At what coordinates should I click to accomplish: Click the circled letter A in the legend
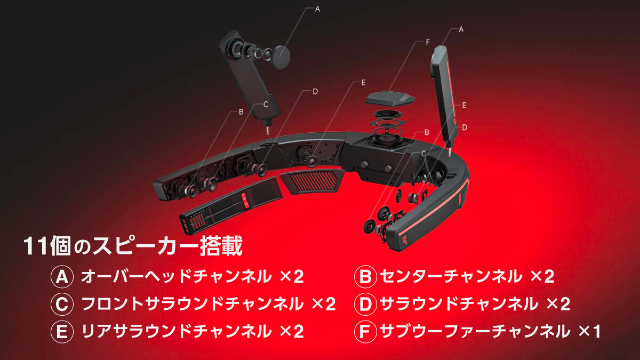point(62,277)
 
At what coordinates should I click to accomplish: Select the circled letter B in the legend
point(365,277)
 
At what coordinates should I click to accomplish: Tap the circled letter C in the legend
point(62,304)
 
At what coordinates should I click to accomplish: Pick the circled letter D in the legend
point(365,304)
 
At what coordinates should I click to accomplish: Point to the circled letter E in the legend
point(62,331)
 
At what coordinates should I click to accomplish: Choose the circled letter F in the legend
point(365,331)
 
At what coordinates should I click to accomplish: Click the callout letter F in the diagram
point(428,42)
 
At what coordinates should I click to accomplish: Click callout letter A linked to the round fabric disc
point(317,9)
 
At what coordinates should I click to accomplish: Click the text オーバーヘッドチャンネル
point(176,277)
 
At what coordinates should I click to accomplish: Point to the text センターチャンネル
point(451,277)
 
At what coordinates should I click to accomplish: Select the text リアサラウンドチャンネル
point(176,331)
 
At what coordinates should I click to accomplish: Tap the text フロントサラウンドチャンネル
point(193,304)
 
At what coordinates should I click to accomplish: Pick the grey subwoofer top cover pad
point(390,99)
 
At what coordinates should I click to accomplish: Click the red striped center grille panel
point(313,181)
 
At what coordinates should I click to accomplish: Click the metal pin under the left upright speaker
point(268,130)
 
